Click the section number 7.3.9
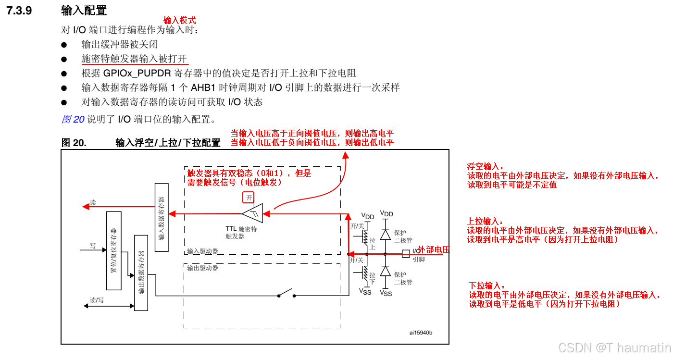point(19,10)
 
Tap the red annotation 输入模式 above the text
point(180,20)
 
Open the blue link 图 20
point(73,119)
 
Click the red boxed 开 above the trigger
point(249,197)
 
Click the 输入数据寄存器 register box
point(162,217)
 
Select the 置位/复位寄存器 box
point(114,250)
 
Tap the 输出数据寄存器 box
point(141,273)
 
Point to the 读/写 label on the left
point(97,300)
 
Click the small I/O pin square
point(406,253)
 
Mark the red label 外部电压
point(434,249)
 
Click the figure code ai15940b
point(421,333)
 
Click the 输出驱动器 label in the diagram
point(202,268)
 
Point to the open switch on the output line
point(287,293)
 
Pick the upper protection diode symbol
point(385,234)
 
